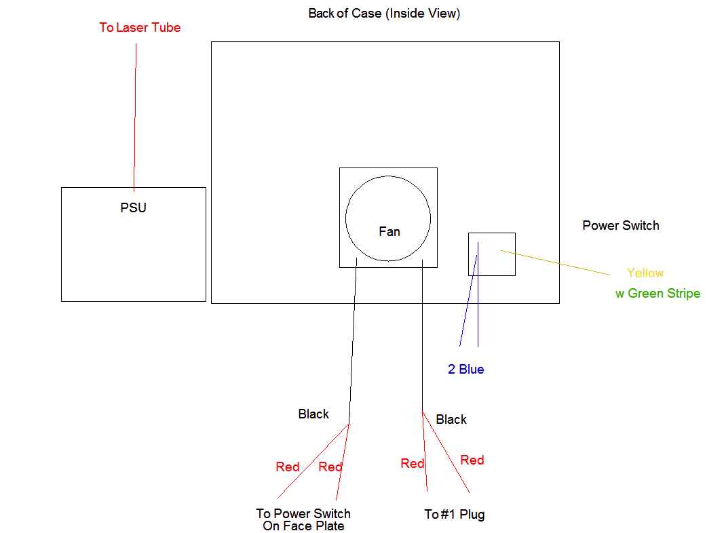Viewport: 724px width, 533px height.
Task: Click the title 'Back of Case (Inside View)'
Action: tap(384, 14)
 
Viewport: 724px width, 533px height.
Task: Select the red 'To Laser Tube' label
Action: tap(140, 28)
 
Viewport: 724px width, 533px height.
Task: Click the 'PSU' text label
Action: tap(133, 208)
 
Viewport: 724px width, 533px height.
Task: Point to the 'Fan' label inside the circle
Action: tap(389, 232)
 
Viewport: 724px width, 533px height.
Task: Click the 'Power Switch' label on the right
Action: tap(620, 226)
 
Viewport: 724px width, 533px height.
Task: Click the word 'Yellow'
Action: tap(645, 273)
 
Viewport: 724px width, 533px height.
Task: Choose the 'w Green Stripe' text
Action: tap(658, 294)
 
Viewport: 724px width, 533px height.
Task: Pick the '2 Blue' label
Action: tap(465, 370)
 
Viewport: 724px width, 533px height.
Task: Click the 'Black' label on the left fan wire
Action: tap(313, 414)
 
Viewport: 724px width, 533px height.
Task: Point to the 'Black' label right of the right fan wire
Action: tap(451, 420)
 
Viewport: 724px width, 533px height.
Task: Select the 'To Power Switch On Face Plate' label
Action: tap(303, 519)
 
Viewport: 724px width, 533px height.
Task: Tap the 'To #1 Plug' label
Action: tap(454, 515)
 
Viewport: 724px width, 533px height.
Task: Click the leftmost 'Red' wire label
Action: tap(287, 467)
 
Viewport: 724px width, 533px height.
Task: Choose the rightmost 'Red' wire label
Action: tap(472, 460)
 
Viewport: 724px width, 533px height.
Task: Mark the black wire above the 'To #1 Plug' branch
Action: tap(422, 339)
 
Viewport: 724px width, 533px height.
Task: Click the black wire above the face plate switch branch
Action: tap(353, 339)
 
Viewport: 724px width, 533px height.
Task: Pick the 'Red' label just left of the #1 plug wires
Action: tap(412, 464)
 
